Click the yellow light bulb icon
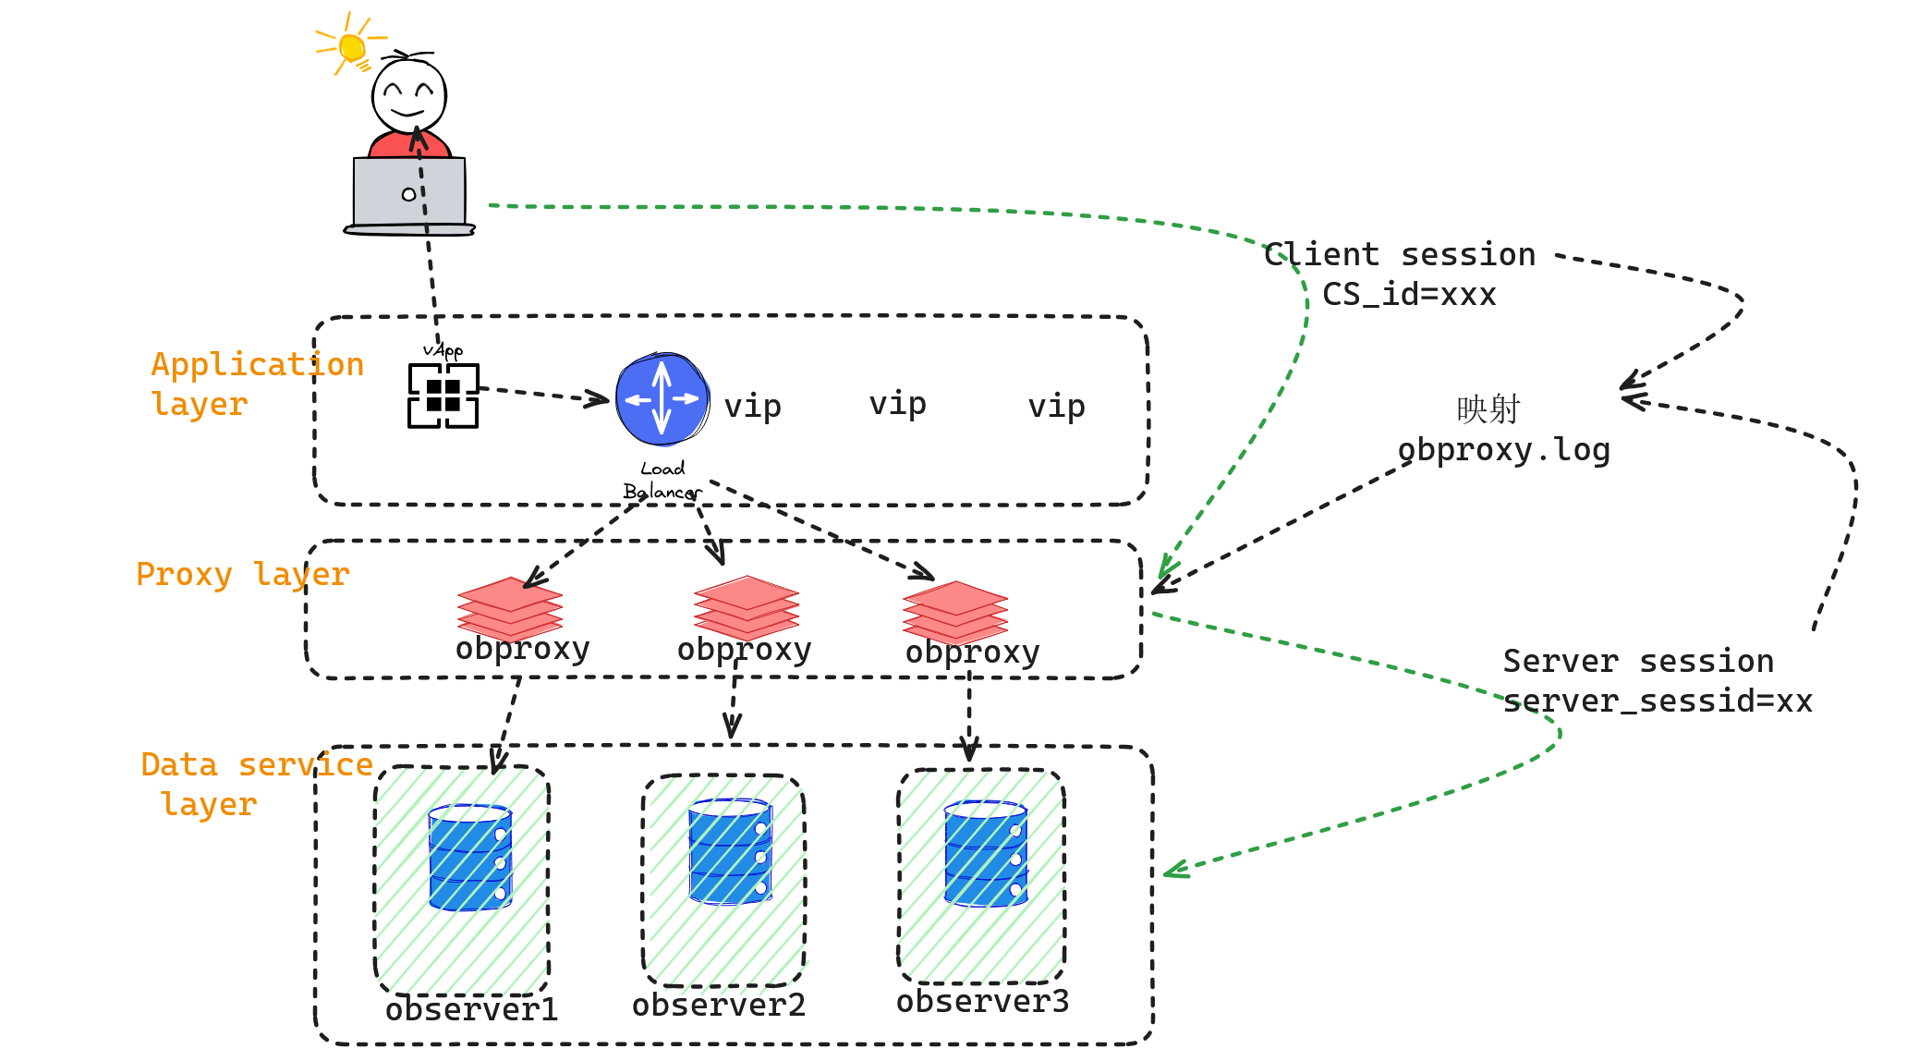tap(351, 46)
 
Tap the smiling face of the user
tap(408, 95)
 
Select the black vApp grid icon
tap(443, 396)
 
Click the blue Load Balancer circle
tap(662, 399)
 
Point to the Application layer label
tap(257, 384)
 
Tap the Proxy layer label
tap(242, 574)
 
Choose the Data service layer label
tap(256, 784)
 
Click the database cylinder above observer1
tap(470, 857)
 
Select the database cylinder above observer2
tap(730, 851)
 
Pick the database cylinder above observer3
tap(985, 853)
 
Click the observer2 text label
tap(718, 1005)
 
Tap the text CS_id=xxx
tap(1408, 294)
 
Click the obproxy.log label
tap(1503, 450)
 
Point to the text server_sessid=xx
tap(1657, 701)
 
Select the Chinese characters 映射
tap(1488, 409)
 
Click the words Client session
tap(1399, 254)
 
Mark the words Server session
tap(1637, 661)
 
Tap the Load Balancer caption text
tap(662, 481)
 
